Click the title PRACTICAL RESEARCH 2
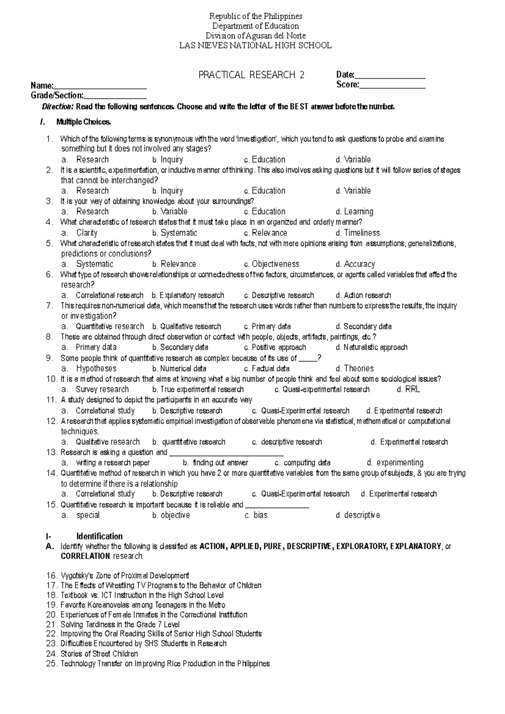tap(251, 75)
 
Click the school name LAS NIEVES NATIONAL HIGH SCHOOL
tap(255, 45)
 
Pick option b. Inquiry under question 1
tap(167, 160)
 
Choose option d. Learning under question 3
tap(354, 212)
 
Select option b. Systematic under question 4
tap(175, 233)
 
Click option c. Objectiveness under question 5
tap(271, 264)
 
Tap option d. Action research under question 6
tap(363, 296)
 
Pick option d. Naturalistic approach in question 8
tap(372, 348)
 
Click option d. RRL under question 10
tap(408, 390)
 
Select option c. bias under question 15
tap(256, 516)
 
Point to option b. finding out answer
tap(215, 463)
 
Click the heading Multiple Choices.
tap(84, 122)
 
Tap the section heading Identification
tap(99, 537)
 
